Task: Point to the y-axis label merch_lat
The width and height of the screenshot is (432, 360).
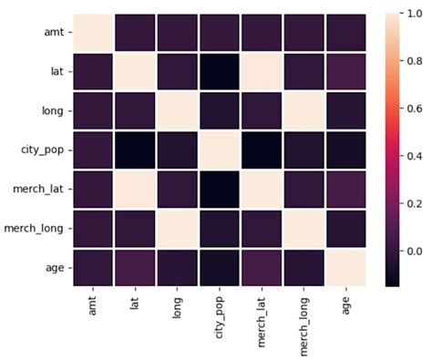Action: click(x=37, y=188)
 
